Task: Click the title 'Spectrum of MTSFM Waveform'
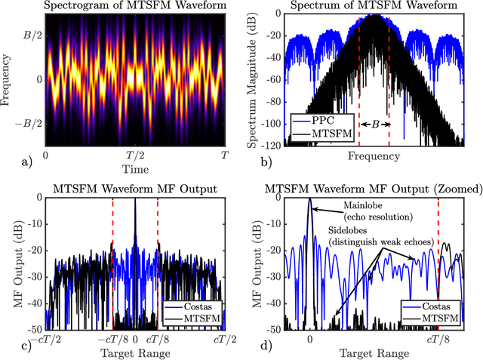(x=374, y=7)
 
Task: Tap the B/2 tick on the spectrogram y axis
(x=30, y=35)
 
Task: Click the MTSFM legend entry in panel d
(x=441, y=319)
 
